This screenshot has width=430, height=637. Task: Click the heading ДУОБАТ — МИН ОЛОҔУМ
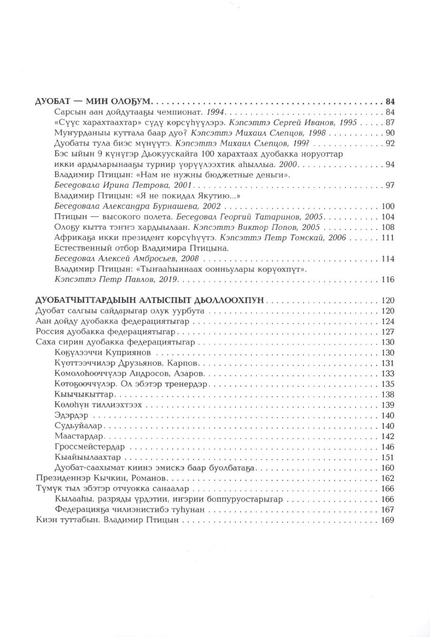tap(93, 101)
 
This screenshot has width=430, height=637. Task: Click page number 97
tap(390, 185)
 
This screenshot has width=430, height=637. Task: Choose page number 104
tap(388, 217)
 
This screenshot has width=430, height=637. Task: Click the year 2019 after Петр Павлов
tap(169, 279)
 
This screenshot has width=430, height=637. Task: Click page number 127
tap(388, 332)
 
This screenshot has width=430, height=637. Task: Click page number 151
tap(388, 458)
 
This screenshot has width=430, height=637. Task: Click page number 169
tap(388, 520)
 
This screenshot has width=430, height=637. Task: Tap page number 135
tap(388, 384)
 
